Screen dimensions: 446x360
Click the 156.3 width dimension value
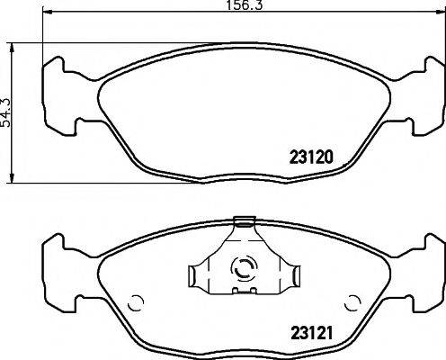(244, 4)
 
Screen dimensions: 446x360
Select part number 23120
(311, 157)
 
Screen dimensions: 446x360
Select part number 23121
(312, 333)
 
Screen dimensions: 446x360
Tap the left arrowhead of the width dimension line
(48, 12)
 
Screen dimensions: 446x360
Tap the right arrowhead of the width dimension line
(441, 12)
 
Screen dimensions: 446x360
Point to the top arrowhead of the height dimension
(12, 48)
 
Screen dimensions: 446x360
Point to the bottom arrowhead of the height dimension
(12, 177)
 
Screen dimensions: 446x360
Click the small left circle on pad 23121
(136, 303)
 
